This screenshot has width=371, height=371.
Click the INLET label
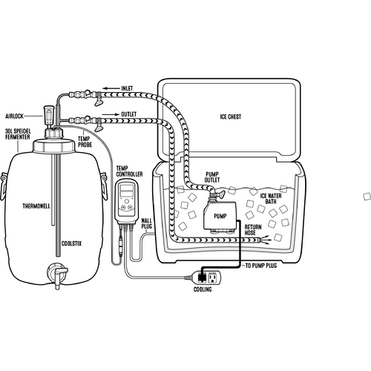[x=127, y=88]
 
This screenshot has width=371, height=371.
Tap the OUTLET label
[x=128, y=114]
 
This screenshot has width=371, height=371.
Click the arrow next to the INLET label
[x=111, y=88]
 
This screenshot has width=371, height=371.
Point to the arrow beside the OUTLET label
[x=111, y=114]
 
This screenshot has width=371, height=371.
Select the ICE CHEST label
[x=231, y=116]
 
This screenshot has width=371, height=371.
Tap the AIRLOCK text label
[x=14, y=116]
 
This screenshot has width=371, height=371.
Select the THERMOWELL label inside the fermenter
[x=36, y=206]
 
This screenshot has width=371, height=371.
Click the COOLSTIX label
[x=71, y=243]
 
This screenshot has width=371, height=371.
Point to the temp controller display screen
[x=126, y=191]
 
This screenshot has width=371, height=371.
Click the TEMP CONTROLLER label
[x=129, y=171]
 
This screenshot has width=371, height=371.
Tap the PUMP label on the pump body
[x=220, y=216]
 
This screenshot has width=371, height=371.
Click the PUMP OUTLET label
[x=212, y=177]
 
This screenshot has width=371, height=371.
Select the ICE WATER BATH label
[x=271, y=199]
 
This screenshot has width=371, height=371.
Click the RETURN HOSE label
[x=253, y=230]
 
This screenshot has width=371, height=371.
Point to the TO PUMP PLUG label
[x=261, y=266]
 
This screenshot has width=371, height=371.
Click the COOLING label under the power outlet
[x=203, y=289]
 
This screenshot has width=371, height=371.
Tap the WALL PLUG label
[x=147, y=223]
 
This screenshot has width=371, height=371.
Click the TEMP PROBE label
[x=85, y=142]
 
